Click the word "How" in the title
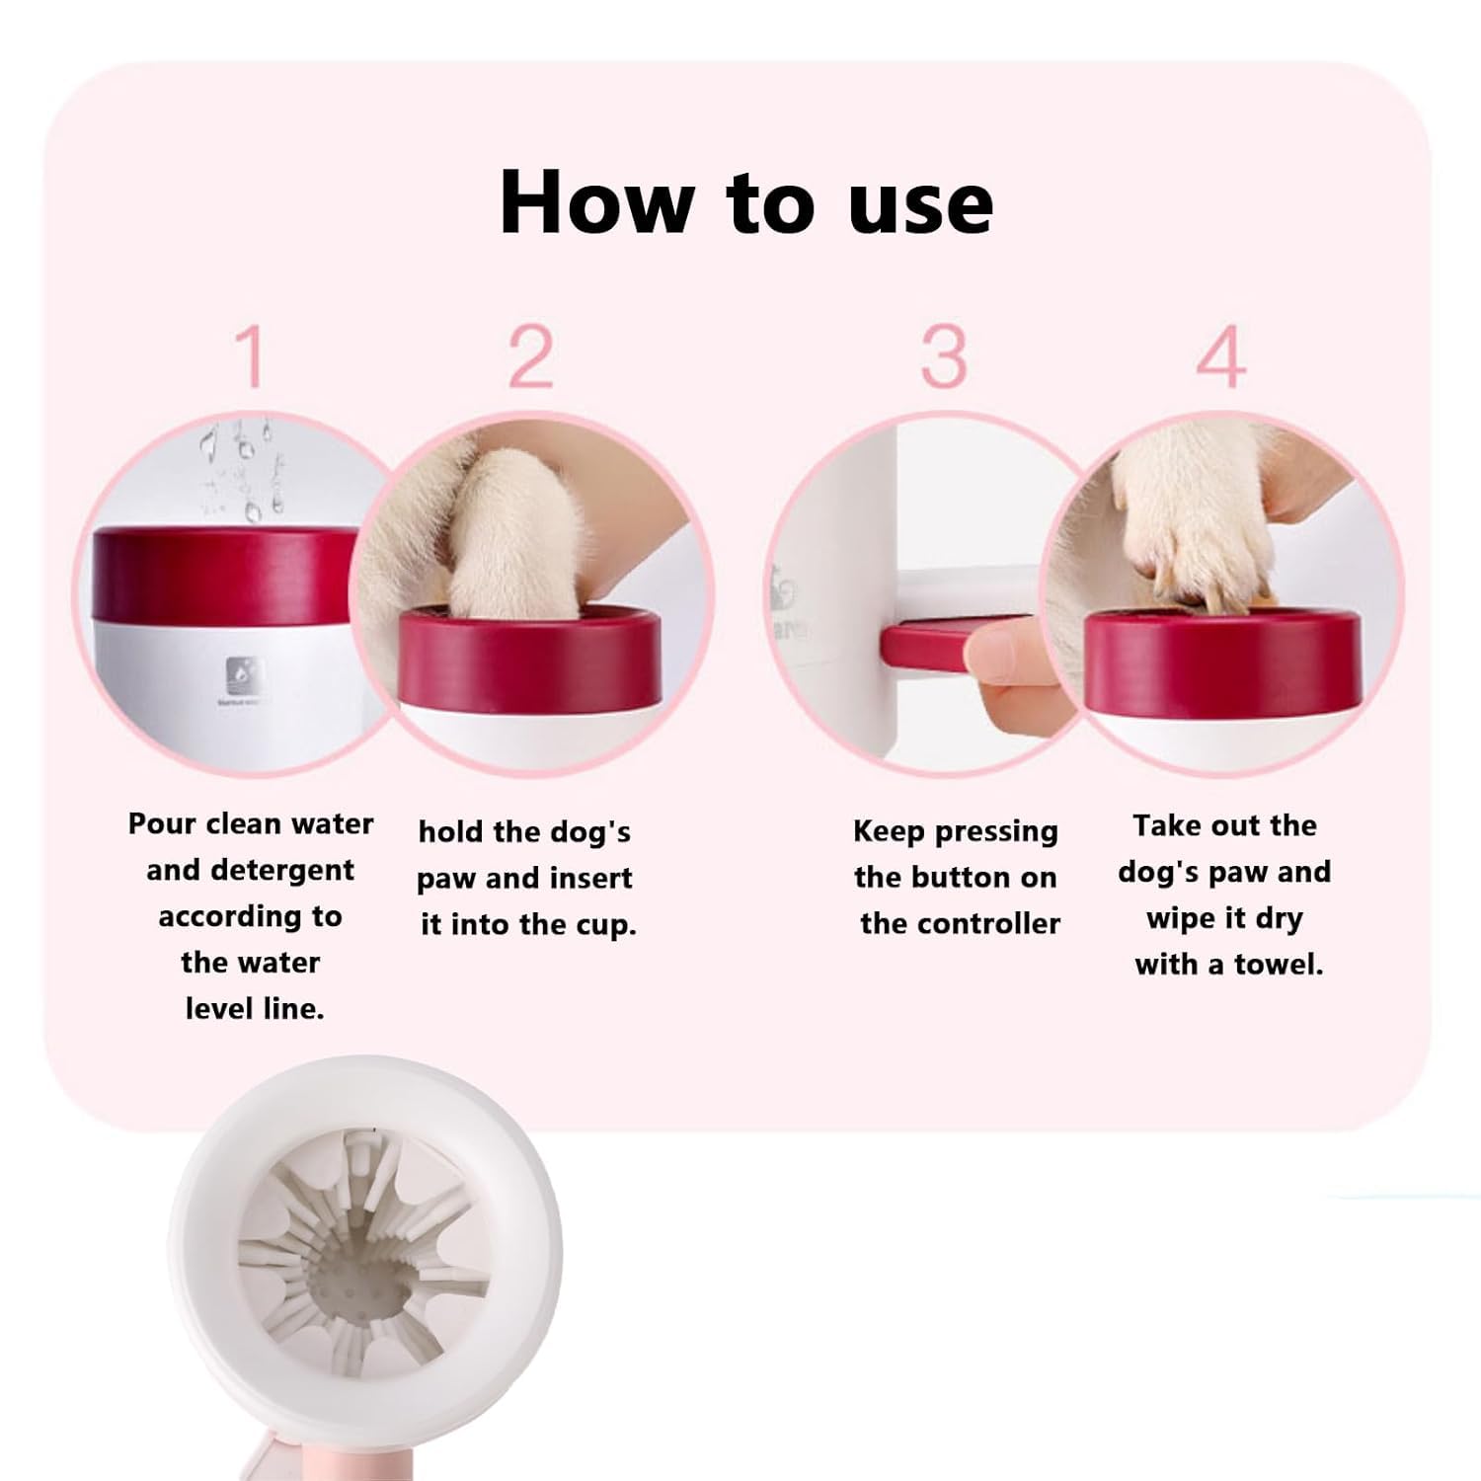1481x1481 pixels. click(x=596, y=202)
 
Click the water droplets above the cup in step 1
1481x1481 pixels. click(x=242, y=469)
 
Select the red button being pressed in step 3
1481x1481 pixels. click(x=938, y=647)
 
